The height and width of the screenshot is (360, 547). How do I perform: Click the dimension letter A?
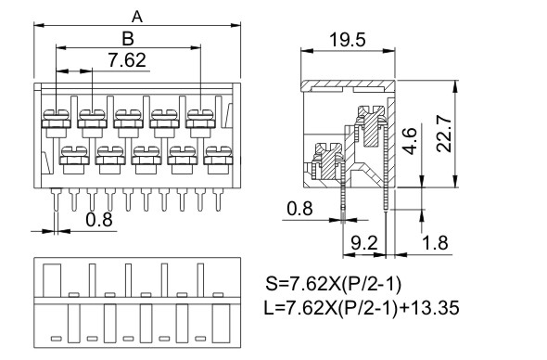point(137,17)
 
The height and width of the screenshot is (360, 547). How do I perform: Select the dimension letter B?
point(128,38)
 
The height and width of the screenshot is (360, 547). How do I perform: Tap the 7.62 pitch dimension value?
point(127,60)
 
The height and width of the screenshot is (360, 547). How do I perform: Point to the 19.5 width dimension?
point(348,40)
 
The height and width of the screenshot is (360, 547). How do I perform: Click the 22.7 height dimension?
point(444,135)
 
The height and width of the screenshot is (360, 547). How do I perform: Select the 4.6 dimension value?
point(410,141)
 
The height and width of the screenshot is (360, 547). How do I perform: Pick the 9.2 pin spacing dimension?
point(363,243)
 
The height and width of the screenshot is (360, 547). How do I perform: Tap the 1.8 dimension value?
point(435,243)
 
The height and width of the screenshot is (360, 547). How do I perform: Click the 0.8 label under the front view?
point(99,220)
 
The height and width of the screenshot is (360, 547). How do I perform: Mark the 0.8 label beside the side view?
point(300,209)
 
